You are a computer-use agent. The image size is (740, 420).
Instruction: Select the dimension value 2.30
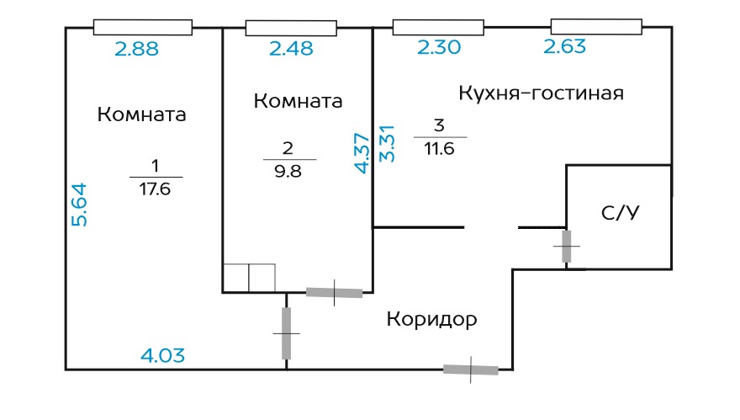click(x=439, y=48)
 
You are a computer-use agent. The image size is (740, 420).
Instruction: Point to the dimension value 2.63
click(x=565, y=46)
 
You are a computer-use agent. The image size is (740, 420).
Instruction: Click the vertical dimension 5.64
click(x=79, y=205)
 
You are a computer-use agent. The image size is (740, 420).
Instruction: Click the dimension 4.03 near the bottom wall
click(x=162, y=356)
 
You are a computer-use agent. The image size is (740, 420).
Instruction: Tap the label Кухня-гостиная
click(x=541, y=93)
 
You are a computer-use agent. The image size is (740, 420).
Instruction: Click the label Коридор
click(x=432, y=320)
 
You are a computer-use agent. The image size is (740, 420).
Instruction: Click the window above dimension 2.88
click(x=142, y=28)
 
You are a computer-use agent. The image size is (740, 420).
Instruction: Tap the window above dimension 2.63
click(x=597, y=28)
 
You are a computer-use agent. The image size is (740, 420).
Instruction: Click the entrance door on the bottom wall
click(x=471, y=369)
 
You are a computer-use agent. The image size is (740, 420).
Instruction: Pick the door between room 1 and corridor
click(x=286, y=333)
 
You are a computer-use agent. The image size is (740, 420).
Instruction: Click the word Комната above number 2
click(x=298, y=101)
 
